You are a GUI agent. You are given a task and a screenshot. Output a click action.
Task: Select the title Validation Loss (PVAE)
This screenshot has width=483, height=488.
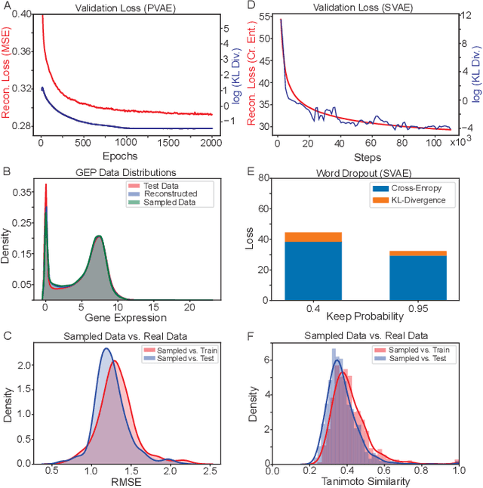126,8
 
